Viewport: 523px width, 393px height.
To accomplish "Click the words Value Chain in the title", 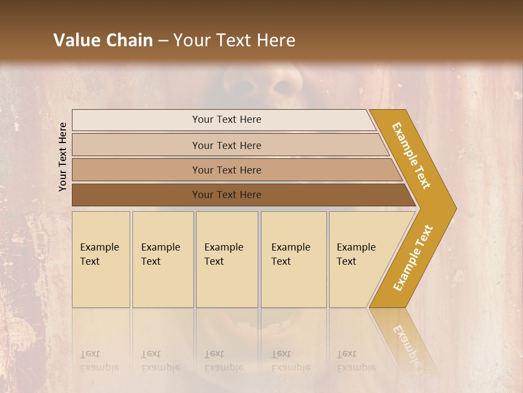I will click(103, 40).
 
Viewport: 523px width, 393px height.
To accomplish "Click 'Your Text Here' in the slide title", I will click(234, 40).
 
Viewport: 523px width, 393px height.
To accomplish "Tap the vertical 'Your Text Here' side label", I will click(63, 157).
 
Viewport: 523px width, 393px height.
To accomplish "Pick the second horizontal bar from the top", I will click(227, 145).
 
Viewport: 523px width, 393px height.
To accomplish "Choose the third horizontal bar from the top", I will click(227, 170).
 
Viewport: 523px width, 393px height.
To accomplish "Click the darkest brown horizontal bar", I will click(227, 195).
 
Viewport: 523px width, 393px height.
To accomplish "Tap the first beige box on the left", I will click(101, 259).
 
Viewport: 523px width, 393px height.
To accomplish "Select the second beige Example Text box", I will click(163, 259).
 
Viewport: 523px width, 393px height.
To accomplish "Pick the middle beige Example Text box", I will click(227, 259).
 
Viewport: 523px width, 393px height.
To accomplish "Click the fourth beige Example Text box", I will click(294, 259).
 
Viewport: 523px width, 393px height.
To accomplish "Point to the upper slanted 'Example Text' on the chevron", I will click(411, 156).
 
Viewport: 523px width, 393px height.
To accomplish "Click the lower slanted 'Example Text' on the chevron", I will click(413, 258).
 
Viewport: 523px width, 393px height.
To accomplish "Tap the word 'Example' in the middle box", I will click(223, 247).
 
